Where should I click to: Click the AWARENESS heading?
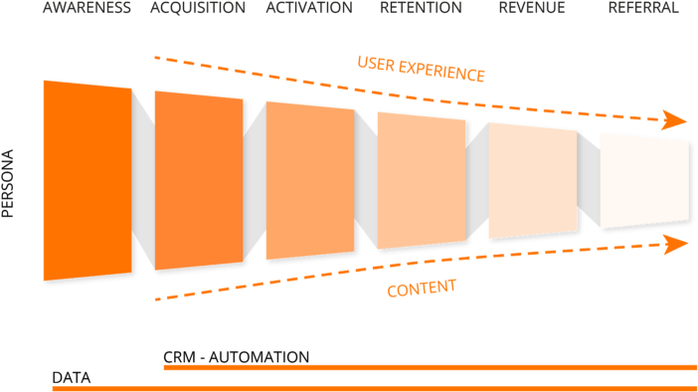click(x=87, y=8)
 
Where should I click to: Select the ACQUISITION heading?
click(x=198, y=8)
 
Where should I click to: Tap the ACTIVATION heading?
click(x=309, y=8)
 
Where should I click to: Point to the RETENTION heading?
click(x=421, y=8)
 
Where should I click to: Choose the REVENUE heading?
click(x=532, y=8)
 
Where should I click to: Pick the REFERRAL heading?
click(x=643, y=8)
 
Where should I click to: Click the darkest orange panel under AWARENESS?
click(x=87, y=180)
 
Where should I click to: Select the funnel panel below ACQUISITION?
click(x=199, y=180)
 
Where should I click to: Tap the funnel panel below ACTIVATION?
click(x=310, y=180)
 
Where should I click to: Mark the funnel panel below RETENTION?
click(x=422, y=180)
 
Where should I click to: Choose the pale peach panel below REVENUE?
click(x=533, y=180)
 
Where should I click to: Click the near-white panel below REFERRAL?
click(x=644, y=180)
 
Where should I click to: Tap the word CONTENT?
click(x=421, y=289)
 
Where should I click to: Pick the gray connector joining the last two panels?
click(x=589, y=180)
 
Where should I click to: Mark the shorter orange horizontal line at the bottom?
click(x=430, y=367)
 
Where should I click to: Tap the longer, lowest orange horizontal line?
click(x=374, y=388)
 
